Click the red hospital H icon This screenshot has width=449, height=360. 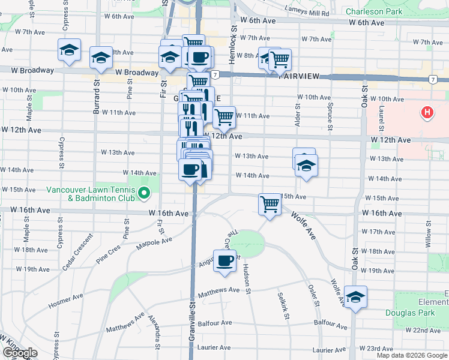427,112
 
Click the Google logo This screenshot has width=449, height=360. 19,353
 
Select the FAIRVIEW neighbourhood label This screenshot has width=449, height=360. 300,77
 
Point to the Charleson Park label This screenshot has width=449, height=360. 374,11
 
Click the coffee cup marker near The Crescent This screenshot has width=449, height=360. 224,261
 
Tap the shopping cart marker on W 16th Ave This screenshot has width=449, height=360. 270,204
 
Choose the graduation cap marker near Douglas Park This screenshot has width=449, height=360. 355,296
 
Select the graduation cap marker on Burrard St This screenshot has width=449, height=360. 101,57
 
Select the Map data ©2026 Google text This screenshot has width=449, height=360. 412,355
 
